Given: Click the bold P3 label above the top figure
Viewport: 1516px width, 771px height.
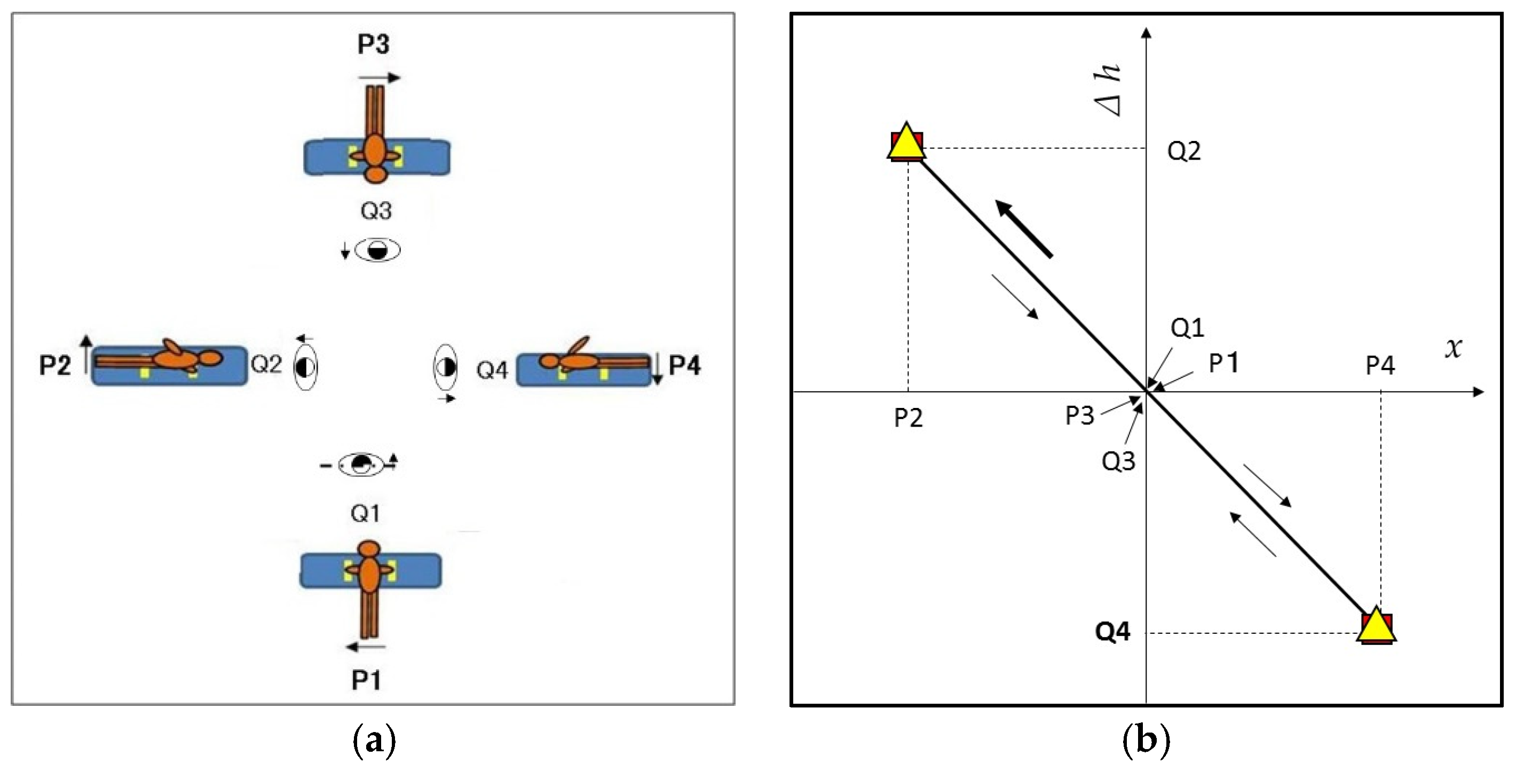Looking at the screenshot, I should click(x=374, y=44).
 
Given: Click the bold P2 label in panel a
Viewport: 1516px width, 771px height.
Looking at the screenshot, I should click(x=55, y=366).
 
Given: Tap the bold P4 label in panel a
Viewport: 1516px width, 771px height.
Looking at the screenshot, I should click(x=684, y=366).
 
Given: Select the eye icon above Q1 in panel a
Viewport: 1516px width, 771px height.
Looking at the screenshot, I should click(x=361, y=465).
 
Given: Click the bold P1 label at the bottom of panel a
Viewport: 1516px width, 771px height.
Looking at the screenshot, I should click(x=366, y=680).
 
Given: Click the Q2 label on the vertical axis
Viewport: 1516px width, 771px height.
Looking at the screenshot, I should click(x=1183, y=151).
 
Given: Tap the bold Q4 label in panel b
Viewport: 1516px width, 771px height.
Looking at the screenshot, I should click(x=1112, y=632).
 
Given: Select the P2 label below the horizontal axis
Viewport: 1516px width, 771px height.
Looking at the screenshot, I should click(x=908, y=418).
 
